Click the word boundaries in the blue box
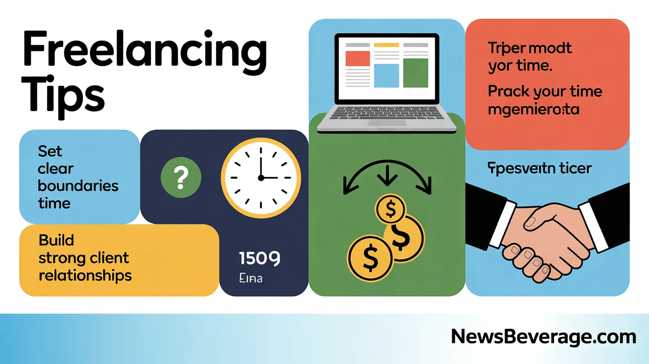point(78,185)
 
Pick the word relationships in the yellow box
point(85,275)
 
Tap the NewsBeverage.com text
point(543,337)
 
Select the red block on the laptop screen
point(357,58)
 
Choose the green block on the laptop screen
point(415,72)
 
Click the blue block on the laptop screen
point(386,75)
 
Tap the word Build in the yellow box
point(56,240)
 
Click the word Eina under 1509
point(250,278)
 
